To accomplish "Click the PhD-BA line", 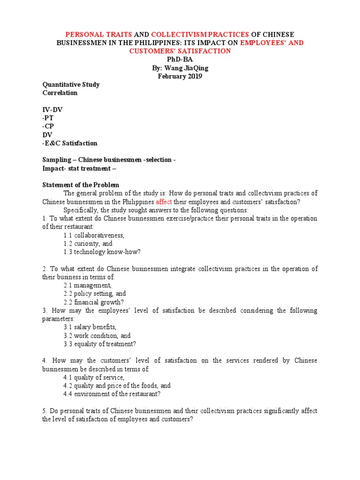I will coord(180,60).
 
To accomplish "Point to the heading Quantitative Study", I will coord(71,85).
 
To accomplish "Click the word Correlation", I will coord(60,93).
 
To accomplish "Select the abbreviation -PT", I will coord(48,118).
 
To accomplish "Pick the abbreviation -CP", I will coord(48,127).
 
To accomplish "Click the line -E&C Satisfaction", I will coord(70,143).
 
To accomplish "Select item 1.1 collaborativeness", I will coord(94,235).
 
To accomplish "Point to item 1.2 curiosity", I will coord(88,244).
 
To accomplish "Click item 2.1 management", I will coord(88,285).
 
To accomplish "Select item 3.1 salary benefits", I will coord(90,327).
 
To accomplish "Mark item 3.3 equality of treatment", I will coord(100,344).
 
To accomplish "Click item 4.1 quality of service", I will coord(94,377).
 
